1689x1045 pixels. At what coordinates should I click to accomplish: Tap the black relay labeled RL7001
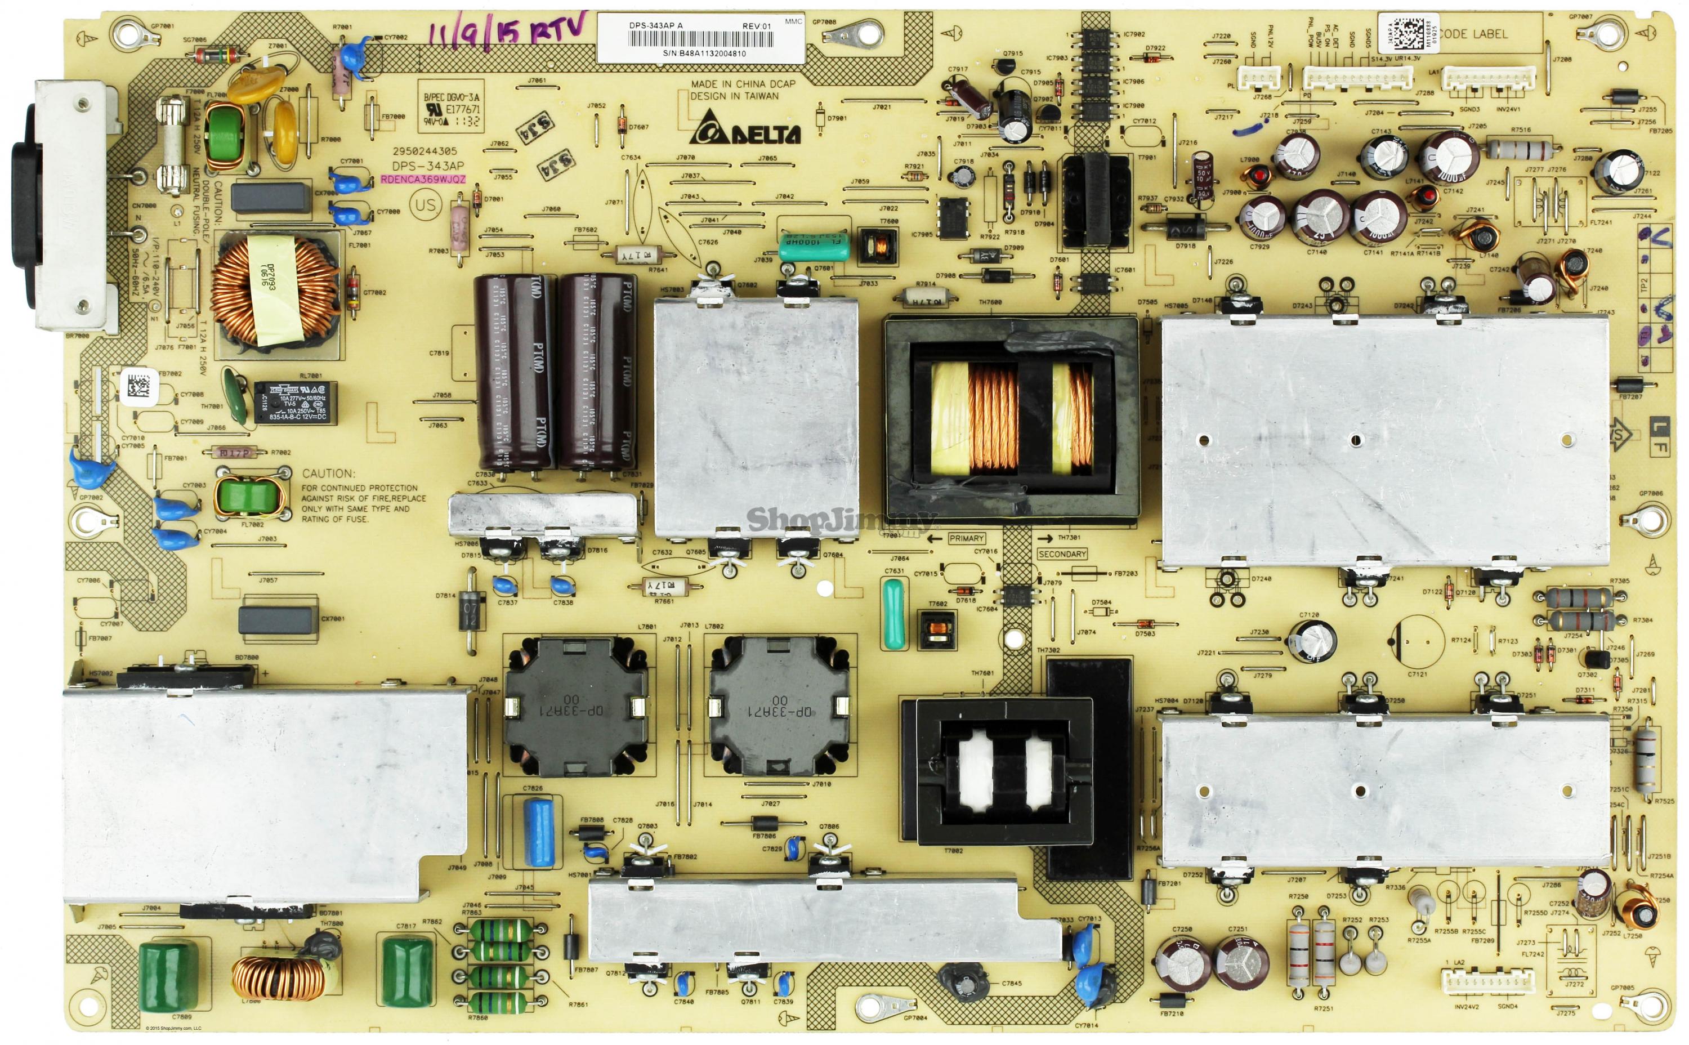(295, 402)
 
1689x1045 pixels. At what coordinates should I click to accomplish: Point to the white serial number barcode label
(699, 39)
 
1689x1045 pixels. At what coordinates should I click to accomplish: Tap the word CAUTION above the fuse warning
(328, 474)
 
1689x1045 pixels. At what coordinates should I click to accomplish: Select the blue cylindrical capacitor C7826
(539, 832)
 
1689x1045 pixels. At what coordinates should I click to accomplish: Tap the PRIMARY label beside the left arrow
(966, 538)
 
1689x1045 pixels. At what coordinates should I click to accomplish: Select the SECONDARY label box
(1061, 554)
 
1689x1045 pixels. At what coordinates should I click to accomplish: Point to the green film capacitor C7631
(893, 614)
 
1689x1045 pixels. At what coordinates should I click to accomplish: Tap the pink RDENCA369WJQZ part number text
(423, 179)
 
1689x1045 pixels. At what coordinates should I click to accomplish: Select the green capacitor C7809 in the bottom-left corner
(164, 976)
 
